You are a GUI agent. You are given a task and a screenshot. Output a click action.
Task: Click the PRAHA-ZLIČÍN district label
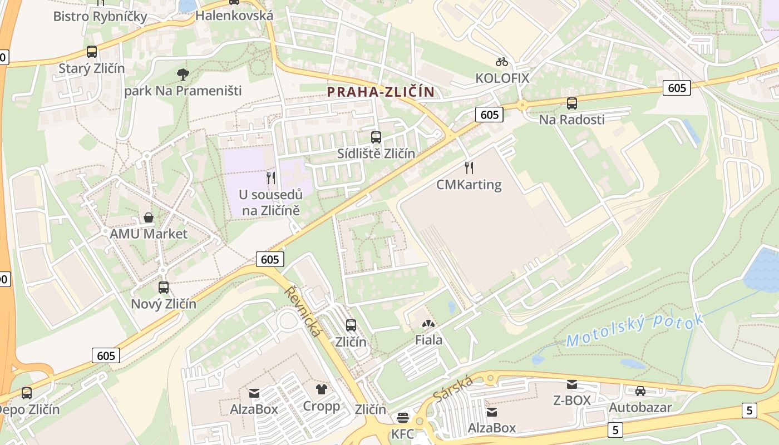(381, 92)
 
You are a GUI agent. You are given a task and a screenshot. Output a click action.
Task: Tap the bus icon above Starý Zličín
(92, 52)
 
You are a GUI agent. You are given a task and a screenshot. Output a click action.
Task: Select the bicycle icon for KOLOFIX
(502, 61)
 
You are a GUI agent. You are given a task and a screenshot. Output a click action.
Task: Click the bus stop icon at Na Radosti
(571, 103)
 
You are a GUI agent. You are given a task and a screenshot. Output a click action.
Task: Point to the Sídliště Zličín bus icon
(376, 137)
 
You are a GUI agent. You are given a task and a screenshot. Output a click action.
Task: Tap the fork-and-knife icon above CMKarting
(469, 167)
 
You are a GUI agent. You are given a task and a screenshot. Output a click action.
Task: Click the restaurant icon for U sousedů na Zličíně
(271, 178)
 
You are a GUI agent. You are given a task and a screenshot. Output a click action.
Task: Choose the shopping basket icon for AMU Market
(149, 217)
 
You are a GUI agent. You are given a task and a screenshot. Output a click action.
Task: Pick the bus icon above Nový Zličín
(164, 288)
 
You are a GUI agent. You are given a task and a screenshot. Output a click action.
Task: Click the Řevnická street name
(303, 311)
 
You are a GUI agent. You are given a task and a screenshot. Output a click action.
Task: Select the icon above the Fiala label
(428, 323)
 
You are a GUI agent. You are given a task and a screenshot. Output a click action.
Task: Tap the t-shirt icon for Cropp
(322, 389)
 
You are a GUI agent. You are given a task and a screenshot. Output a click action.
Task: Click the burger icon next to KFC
(403, 418)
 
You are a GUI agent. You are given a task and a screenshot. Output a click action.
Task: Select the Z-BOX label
(571, 400)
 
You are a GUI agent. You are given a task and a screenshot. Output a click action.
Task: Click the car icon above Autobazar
(640, 390)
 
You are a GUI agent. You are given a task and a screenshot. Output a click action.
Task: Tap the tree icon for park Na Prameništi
(183, 74)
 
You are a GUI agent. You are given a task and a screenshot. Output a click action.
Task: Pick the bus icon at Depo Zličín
(27, 393)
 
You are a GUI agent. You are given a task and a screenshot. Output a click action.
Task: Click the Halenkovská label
(234, 16)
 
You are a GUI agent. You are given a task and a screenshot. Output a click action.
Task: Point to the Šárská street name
(453, 388)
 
